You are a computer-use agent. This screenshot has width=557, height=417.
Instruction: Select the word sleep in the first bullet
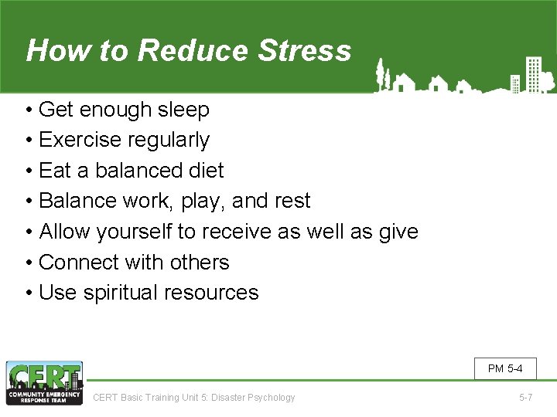coord(183,110)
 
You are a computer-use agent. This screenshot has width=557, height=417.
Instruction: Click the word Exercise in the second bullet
coord(80,141)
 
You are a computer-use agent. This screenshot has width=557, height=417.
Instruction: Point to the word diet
coord(206,171)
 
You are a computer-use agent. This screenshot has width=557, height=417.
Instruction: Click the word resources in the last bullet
coord(217,293)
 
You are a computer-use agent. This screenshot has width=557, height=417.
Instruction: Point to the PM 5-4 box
coord(505,368)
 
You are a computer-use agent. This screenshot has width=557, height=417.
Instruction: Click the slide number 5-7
coord(525,398)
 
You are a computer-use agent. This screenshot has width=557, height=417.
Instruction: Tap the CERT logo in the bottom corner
coord(44,383)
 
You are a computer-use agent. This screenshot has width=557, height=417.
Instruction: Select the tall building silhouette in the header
coord(532,74)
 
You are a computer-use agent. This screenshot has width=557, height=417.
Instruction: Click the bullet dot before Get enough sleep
coord(28,110)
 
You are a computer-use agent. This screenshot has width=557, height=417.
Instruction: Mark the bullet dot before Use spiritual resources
coord(28,293)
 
